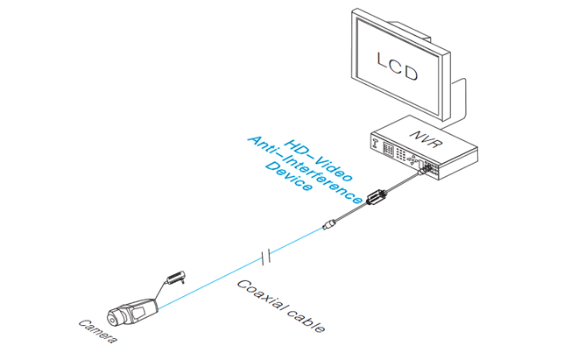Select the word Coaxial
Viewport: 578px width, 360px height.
pos(266,298)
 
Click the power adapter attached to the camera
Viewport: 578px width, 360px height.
pos(175,278)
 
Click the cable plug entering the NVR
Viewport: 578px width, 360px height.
pos(425,170)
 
